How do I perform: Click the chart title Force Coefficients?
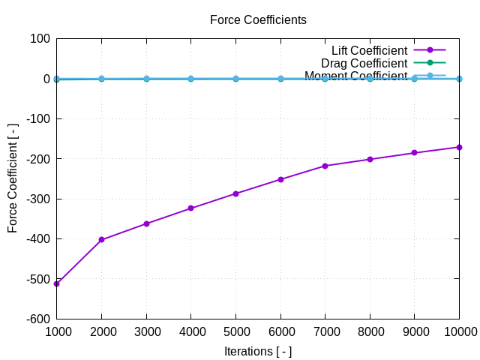[258, 20]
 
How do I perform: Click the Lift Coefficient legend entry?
[369, 50]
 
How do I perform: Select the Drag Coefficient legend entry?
[364, 63]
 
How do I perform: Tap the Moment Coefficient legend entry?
[355, 76]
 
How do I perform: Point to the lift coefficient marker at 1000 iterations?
[57, 283]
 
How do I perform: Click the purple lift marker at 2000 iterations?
[101, 240]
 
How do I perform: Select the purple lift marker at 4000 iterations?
[191, 208]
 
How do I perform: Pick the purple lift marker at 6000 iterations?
[280, 179]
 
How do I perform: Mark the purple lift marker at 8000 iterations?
[370, 159]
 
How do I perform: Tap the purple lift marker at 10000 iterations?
[459, 147]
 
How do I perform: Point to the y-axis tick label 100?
[40, 39]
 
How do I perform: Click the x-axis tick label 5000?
[235, 331]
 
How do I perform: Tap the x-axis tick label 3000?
[146, 331]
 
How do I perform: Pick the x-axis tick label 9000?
[415, 331]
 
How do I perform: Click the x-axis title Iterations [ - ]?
[258, 351]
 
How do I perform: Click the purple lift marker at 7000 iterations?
[325, 166]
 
